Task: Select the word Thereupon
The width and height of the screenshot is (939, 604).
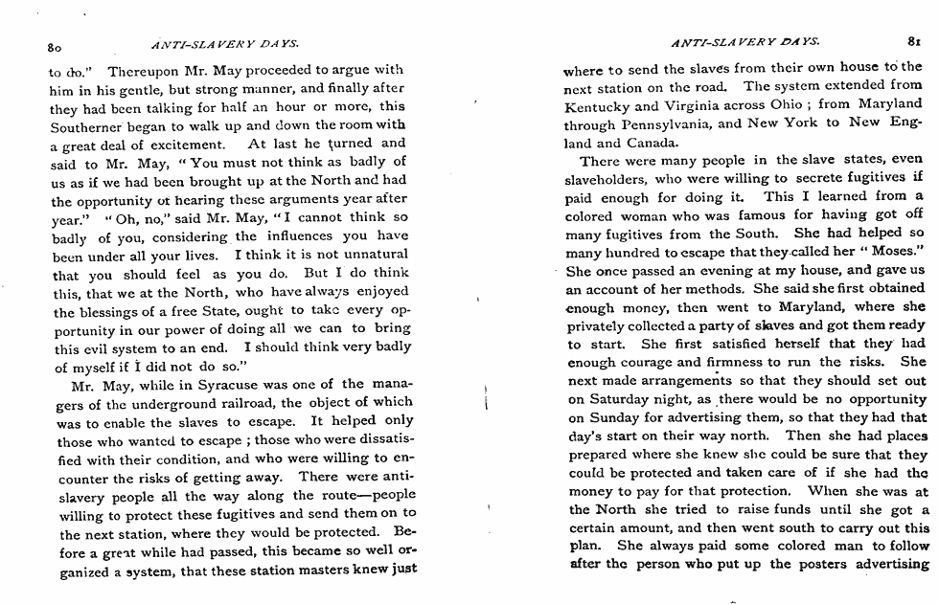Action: click(x=141, y=71)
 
